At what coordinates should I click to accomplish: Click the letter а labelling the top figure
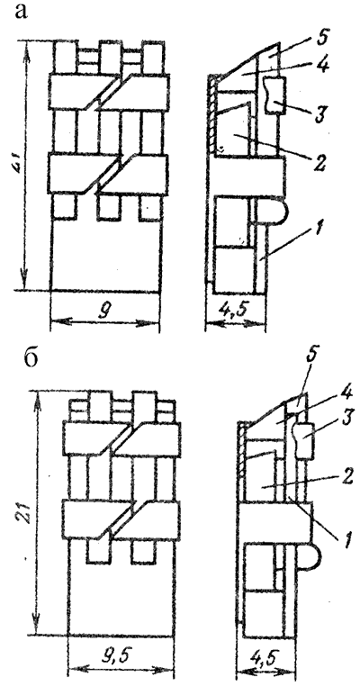21,13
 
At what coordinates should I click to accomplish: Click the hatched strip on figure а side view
212,113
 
